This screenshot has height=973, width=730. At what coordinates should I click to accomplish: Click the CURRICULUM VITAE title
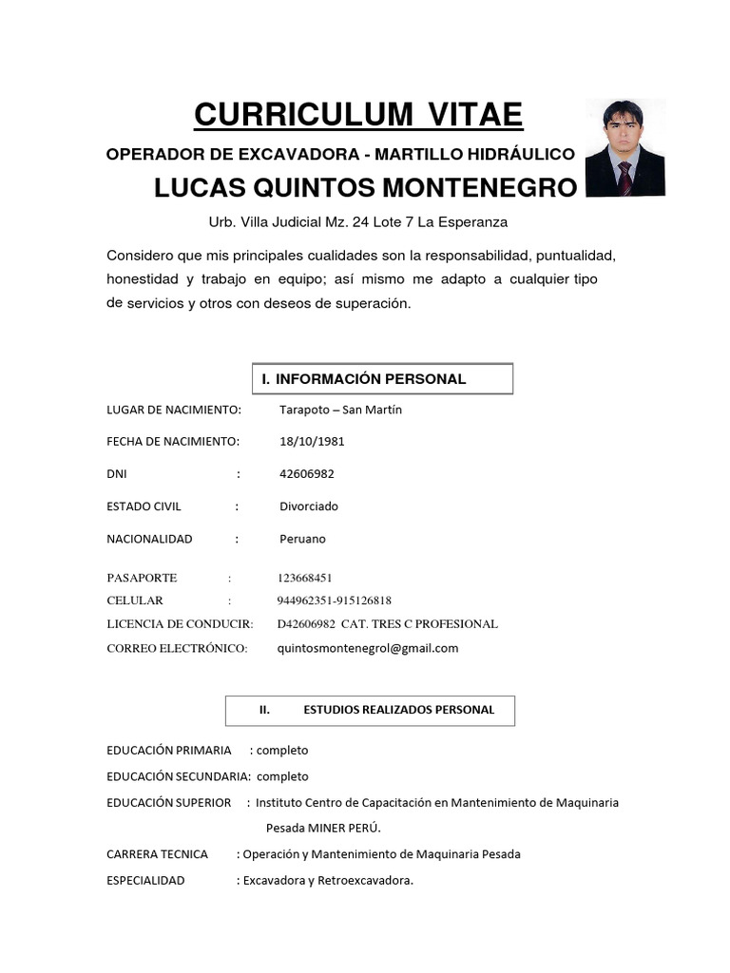pyautogui.click(x=358, y=115)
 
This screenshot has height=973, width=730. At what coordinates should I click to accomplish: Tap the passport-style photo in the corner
pyautogui.click(x=624, y=147)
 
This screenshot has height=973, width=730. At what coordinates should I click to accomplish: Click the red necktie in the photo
pyautogui.click(x=624, y=178)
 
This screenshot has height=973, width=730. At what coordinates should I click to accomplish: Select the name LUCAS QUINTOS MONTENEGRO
pyautogui.click(x=365, y=188)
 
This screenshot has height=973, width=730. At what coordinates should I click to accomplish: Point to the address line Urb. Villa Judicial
pyautogui.click(x=358, y=222)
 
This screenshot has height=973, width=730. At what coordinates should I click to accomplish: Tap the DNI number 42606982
pyautogui.click(x=307, y=474)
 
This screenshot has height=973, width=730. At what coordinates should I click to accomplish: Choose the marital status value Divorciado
pyautogui.click(x=309, y=506)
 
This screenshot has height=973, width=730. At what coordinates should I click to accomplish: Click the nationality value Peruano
pyautogui.click(x=302, y=539)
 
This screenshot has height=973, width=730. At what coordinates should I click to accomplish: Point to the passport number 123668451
pyautogui.click(x=305, y=578)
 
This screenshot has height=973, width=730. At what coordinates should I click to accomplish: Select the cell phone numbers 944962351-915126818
pyautogui.click(x=334, y=601)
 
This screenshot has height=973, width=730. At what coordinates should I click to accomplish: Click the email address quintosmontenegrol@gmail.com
pyautogui.click(x=367, y=648)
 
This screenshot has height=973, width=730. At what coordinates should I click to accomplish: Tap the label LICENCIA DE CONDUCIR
pyautogui.click(x=180, y=624)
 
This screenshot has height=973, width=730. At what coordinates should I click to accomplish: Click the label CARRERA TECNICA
pyautogui.click(x=158, y=854)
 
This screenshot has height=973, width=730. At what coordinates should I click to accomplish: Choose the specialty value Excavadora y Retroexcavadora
pyautogui.click(x=328, y=881)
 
